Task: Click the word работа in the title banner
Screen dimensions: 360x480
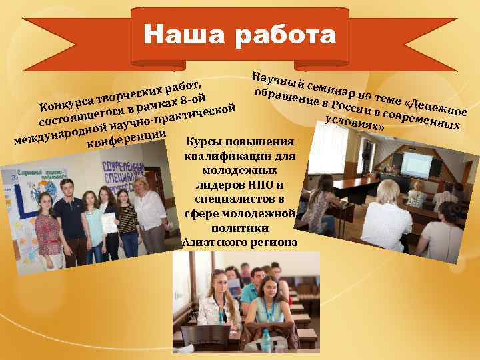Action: tap(286, 35)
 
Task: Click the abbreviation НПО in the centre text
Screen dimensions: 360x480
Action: tap(265, 185)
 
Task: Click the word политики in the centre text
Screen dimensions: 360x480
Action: tap(239, 228)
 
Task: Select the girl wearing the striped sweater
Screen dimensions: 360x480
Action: tap(127, 220)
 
